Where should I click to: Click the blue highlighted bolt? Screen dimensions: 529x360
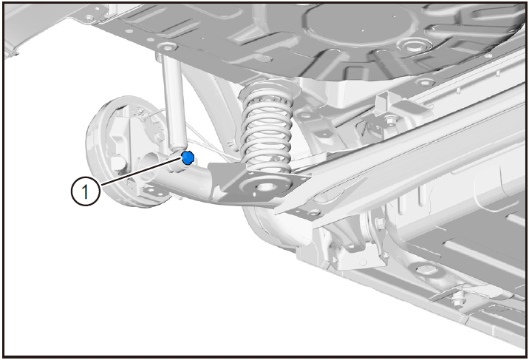(188, 157)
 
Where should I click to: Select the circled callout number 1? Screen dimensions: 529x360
(86, 191)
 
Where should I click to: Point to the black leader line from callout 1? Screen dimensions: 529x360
(141, 171)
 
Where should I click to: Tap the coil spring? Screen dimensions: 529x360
(266, 129)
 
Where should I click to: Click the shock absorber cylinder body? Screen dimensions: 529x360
(175, 102)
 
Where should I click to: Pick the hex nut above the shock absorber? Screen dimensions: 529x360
(168, 46)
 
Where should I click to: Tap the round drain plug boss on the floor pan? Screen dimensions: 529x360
(411, 44)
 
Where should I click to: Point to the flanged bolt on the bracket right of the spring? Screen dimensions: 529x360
(391, 120)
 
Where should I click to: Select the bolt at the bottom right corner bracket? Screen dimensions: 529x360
(457, 298)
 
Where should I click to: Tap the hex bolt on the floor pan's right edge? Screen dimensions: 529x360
(425, 82)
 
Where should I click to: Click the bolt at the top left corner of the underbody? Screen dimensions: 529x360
(89, 17)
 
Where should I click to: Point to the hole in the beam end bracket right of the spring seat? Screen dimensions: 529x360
(314, 213)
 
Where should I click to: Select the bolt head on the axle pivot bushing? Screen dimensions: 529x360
(380, 223)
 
